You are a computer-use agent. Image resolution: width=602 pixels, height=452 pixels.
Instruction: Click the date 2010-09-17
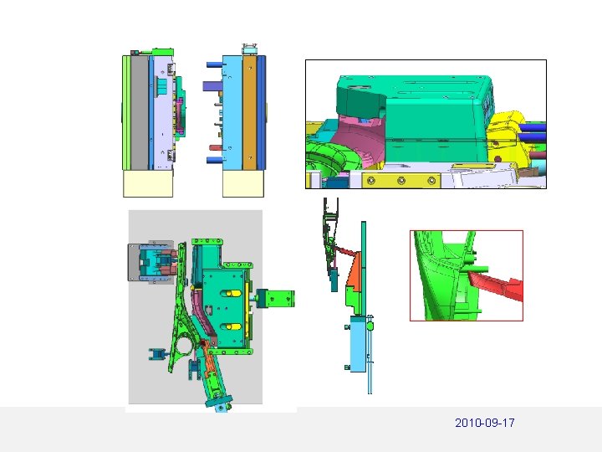pos(484,423)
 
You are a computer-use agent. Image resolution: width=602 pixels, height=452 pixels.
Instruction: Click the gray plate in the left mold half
pos(140,113)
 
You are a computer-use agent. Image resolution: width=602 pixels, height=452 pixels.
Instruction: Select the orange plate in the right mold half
pos(249,113)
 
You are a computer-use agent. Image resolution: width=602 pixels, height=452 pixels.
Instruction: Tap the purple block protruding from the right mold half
pos(212,85)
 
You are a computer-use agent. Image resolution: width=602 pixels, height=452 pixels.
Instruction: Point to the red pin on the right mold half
pos(216,147)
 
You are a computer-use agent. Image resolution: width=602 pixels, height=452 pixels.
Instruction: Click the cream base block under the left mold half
pos(148,183)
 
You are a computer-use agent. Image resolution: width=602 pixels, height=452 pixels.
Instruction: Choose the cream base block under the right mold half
pos(243,183)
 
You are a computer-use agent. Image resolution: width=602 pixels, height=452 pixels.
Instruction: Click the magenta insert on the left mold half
pos(181,116)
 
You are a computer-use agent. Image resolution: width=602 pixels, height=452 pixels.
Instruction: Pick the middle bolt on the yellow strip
pos(401,180)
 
